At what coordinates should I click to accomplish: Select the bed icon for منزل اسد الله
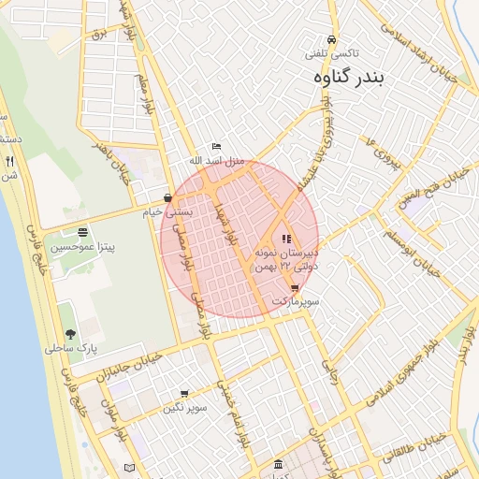[x=217, y=147]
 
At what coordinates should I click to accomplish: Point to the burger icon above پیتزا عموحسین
[x=83, y=232]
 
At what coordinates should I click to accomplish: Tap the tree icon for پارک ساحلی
[x=70, y=334]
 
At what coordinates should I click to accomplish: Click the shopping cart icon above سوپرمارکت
[x=296, y=288]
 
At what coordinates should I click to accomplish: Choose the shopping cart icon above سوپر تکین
[x=183, y=394]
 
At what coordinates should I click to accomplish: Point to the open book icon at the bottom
[x=129, y=468]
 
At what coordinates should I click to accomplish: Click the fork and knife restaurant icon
[x=10, y=162]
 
